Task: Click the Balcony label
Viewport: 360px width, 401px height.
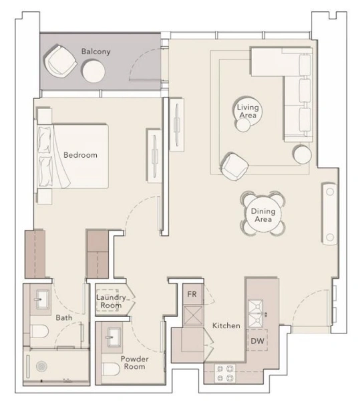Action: click(96, 51)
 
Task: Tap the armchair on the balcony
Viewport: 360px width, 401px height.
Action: click(59, 61)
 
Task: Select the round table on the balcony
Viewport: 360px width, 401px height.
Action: click(94, 70)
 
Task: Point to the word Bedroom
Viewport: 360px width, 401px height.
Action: click(80, 155)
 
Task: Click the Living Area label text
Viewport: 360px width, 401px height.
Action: click(248, 111)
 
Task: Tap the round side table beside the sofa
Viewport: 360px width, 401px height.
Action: click(303, 154)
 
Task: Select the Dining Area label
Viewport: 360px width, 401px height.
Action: click(261, 215)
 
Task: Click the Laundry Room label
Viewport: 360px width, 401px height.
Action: click(111, 301)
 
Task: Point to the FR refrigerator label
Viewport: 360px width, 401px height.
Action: click(191, 293)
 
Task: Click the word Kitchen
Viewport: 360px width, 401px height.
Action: click(226, 325)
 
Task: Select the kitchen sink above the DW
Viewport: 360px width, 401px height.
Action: click(256, 308)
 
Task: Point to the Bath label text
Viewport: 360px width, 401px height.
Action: click(64, 317)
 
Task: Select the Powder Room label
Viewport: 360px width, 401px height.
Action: click(134, 363)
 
